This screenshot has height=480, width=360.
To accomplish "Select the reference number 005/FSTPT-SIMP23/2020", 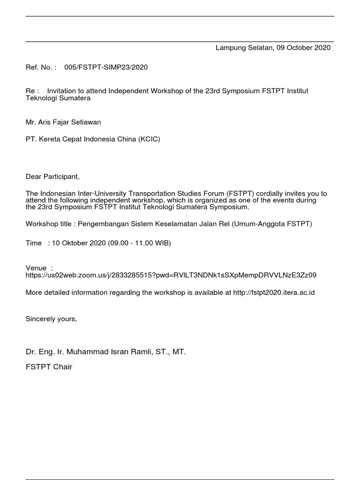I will (x=109, y=67).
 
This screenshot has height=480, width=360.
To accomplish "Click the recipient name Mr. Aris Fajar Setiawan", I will (x=63, y=122).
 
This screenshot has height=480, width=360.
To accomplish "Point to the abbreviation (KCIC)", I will (x=149, y=139).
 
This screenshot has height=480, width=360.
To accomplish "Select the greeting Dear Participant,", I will (x=53, y=177).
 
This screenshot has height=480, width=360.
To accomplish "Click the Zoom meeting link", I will (x=174, y=275).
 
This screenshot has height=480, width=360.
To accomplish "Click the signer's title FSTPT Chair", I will (x=49, y=367).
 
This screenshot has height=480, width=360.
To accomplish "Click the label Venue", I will (x=36, y=268).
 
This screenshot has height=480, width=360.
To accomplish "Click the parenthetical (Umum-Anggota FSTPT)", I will (x=271, y=224).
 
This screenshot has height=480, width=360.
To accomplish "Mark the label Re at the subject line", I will (x=30, y=91).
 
